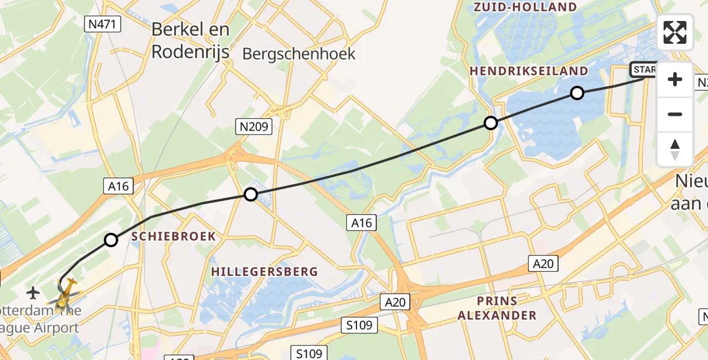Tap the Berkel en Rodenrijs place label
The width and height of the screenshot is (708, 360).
pos(190,40)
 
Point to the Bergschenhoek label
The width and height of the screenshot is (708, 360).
pos(299,54)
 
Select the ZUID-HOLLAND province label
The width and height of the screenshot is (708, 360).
pos(525,7)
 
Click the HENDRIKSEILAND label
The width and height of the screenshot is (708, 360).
pos(529,71)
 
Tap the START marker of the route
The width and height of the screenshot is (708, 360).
pos(644,70)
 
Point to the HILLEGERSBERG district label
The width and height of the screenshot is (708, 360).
pos(264,272)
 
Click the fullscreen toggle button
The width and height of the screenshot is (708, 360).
pos(675,32)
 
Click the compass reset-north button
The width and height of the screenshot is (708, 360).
pos(675,149)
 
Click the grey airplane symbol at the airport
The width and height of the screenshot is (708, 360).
pos(34,293)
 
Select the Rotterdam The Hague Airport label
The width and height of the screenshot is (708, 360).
pos(40,320)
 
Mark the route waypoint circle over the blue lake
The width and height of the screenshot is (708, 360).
pos(577,92)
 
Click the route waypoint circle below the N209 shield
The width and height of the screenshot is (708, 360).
pos(251,194)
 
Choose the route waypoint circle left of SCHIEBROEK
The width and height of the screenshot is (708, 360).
pos(111,240)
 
